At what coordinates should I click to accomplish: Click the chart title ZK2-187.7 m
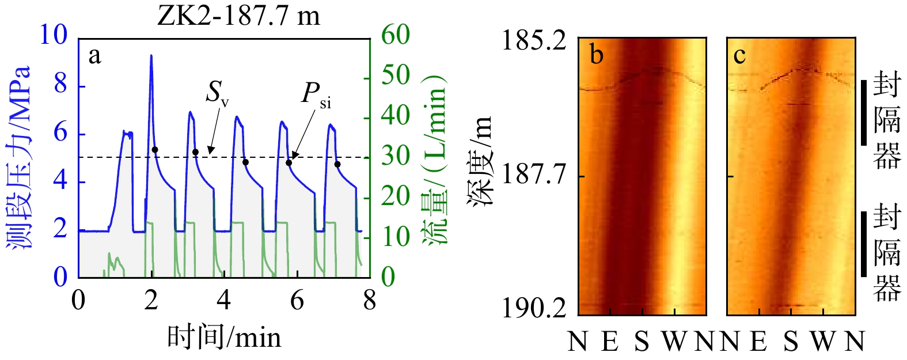pyautogui.click(x=238, y=16)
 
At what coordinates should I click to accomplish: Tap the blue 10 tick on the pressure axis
pyautogui.click(x=53, y=36)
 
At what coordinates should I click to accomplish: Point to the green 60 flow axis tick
pyautogui.click(x=396, y=36)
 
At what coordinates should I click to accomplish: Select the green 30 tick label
pyautogui.click(x=396, y=156)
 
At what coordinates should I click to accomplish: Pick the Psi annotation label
pyautogui.click(x=316, y=94)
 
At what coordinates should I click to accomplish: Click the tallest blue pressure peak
pyautogui.click(x=151, y=56)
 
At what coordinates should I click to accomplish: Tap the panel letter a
pyautogui.click(x=94, y=56)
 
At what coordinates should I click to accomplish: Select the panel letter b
pyautogui.click(x=597, y=55)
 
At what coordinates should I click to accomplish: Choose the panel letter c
pyautogui.click(x=739, y=55)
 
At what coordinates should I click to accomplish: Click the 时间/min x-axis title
pyautogui.click(x=224, y=337)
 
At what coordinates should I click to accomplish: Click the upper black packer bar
pyautogui.click(x=864, y=112)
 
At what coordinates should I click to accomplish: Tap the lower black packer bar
pyautogui.click(x=864, y=244)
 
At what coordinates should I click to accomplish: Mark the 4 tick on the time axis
pyautogui.click(x=224, y=300)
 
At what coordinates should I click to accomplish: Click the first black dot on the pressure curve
pyautogui.click(x=154, y=150)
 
